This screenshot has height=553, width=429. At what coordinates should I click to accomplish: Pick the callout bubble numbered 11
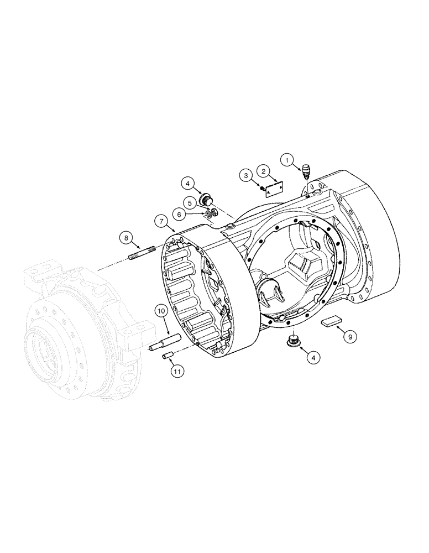pos(176,372)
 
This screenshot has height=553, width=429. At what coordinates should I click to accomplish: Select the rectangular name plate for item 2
pos(273,190)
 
